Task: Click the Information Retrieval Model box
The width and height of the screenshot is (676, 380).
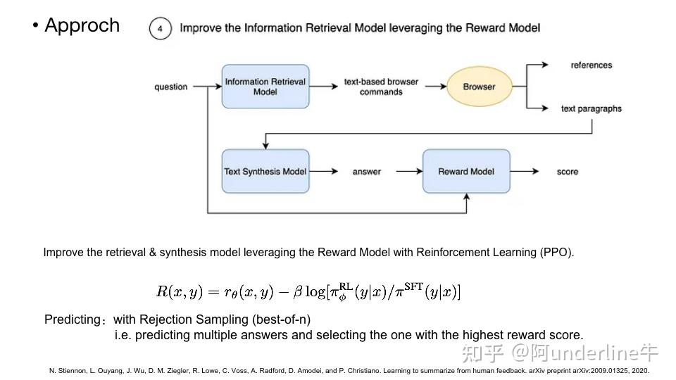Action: pos(265,87)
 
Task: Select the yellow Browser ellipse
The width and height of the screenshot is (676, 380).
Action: pos(479,87)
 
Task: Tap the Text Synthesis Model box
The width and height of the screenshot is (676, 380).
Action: pos(265,171)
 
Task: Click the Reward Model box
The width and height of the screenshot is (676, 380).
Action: pos(466,171)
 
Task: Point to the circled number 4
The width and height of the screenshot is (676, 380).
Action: pos(161,29)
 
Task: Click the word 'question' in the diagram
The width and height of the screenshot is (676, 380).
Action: pos(171,87)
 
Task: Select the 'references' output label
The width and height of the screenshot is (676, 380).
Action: pos(591,65)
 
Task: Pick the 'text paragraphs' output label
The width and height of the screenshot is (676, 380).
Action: pos(591,108)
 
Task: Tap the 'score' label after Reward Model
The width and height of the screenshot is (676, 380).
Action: pos(567,171)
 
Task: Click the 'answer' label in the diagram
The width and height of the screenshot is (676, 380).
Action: pos(366,171)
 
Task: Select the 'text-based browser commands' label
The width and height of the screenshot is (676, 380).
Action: pos(381,87)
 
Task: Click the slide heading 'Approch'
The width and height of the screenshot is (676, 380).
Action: pos(82,25)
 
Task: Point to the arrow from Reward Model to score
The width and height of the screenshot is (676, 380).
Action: pos(525,171)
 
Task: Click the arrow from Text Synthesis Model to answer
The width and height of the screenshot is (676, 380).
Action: pos(322,171)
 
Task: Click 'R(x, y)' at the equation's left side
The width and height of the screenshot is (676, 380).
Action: pos(179,291)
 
